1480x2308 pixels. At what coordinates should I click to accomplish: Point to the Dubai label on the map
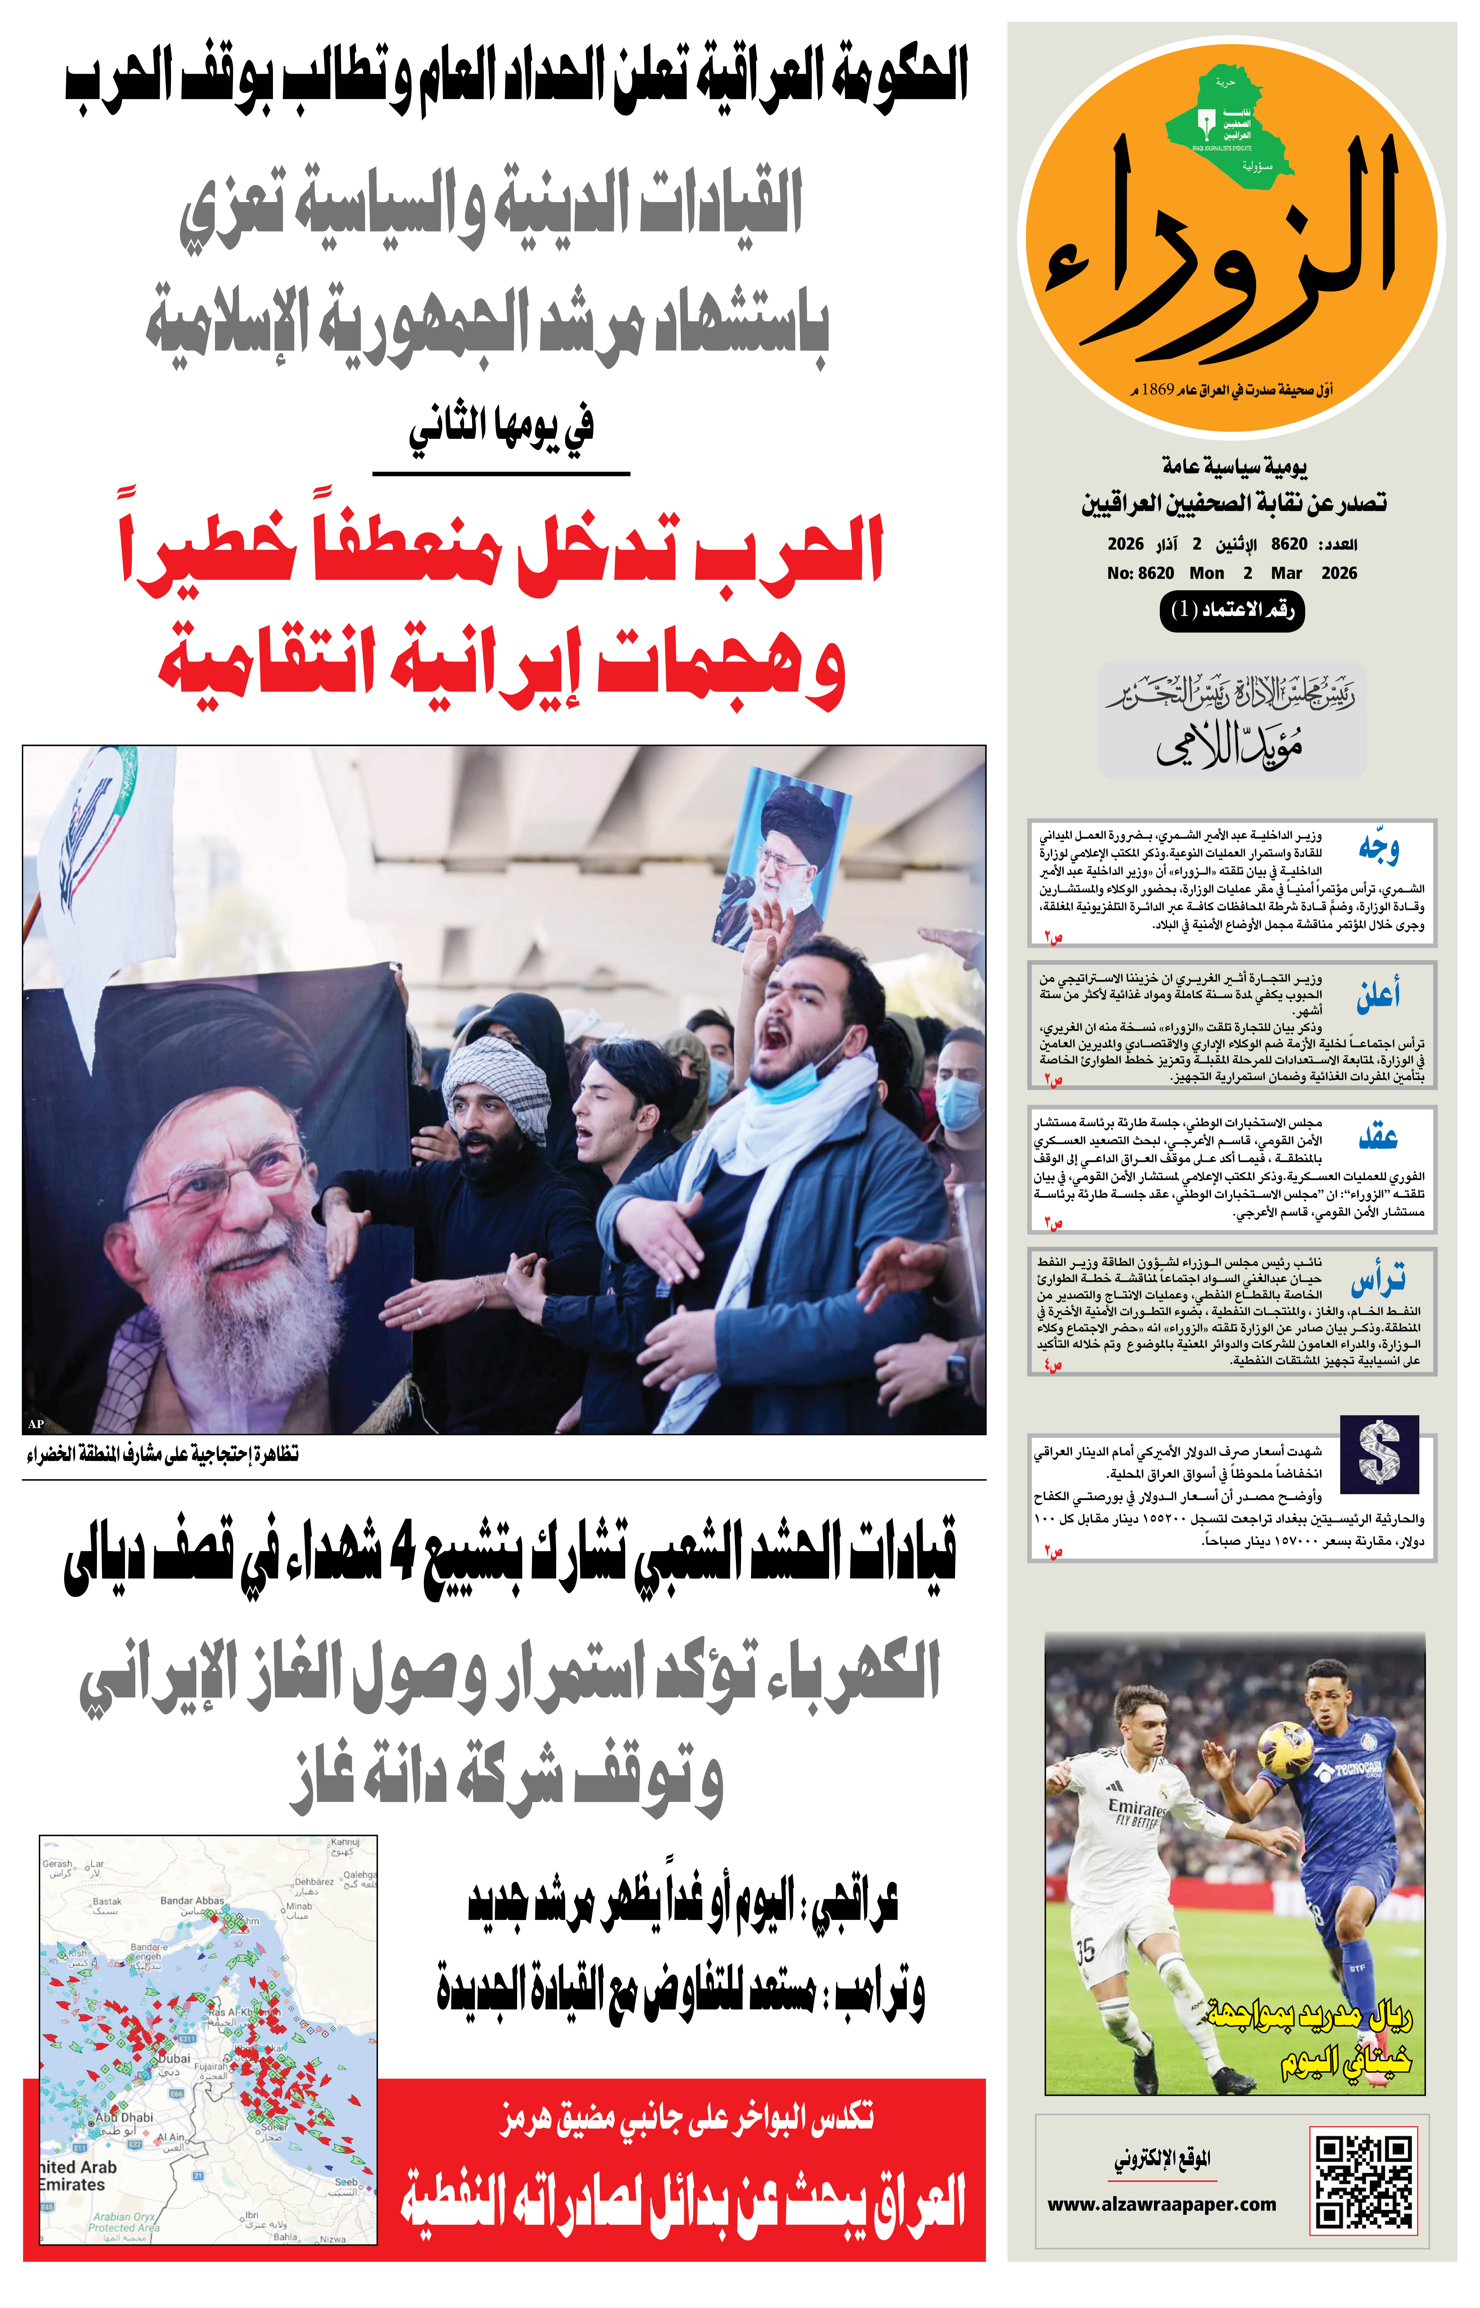tap(174, 2058)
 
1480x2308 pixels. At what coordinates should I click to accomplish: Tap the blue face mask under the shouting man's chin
tap(788, 1084)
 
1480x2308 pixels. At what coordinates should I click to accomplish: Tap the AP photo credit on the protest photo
tap(37, 1424)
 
